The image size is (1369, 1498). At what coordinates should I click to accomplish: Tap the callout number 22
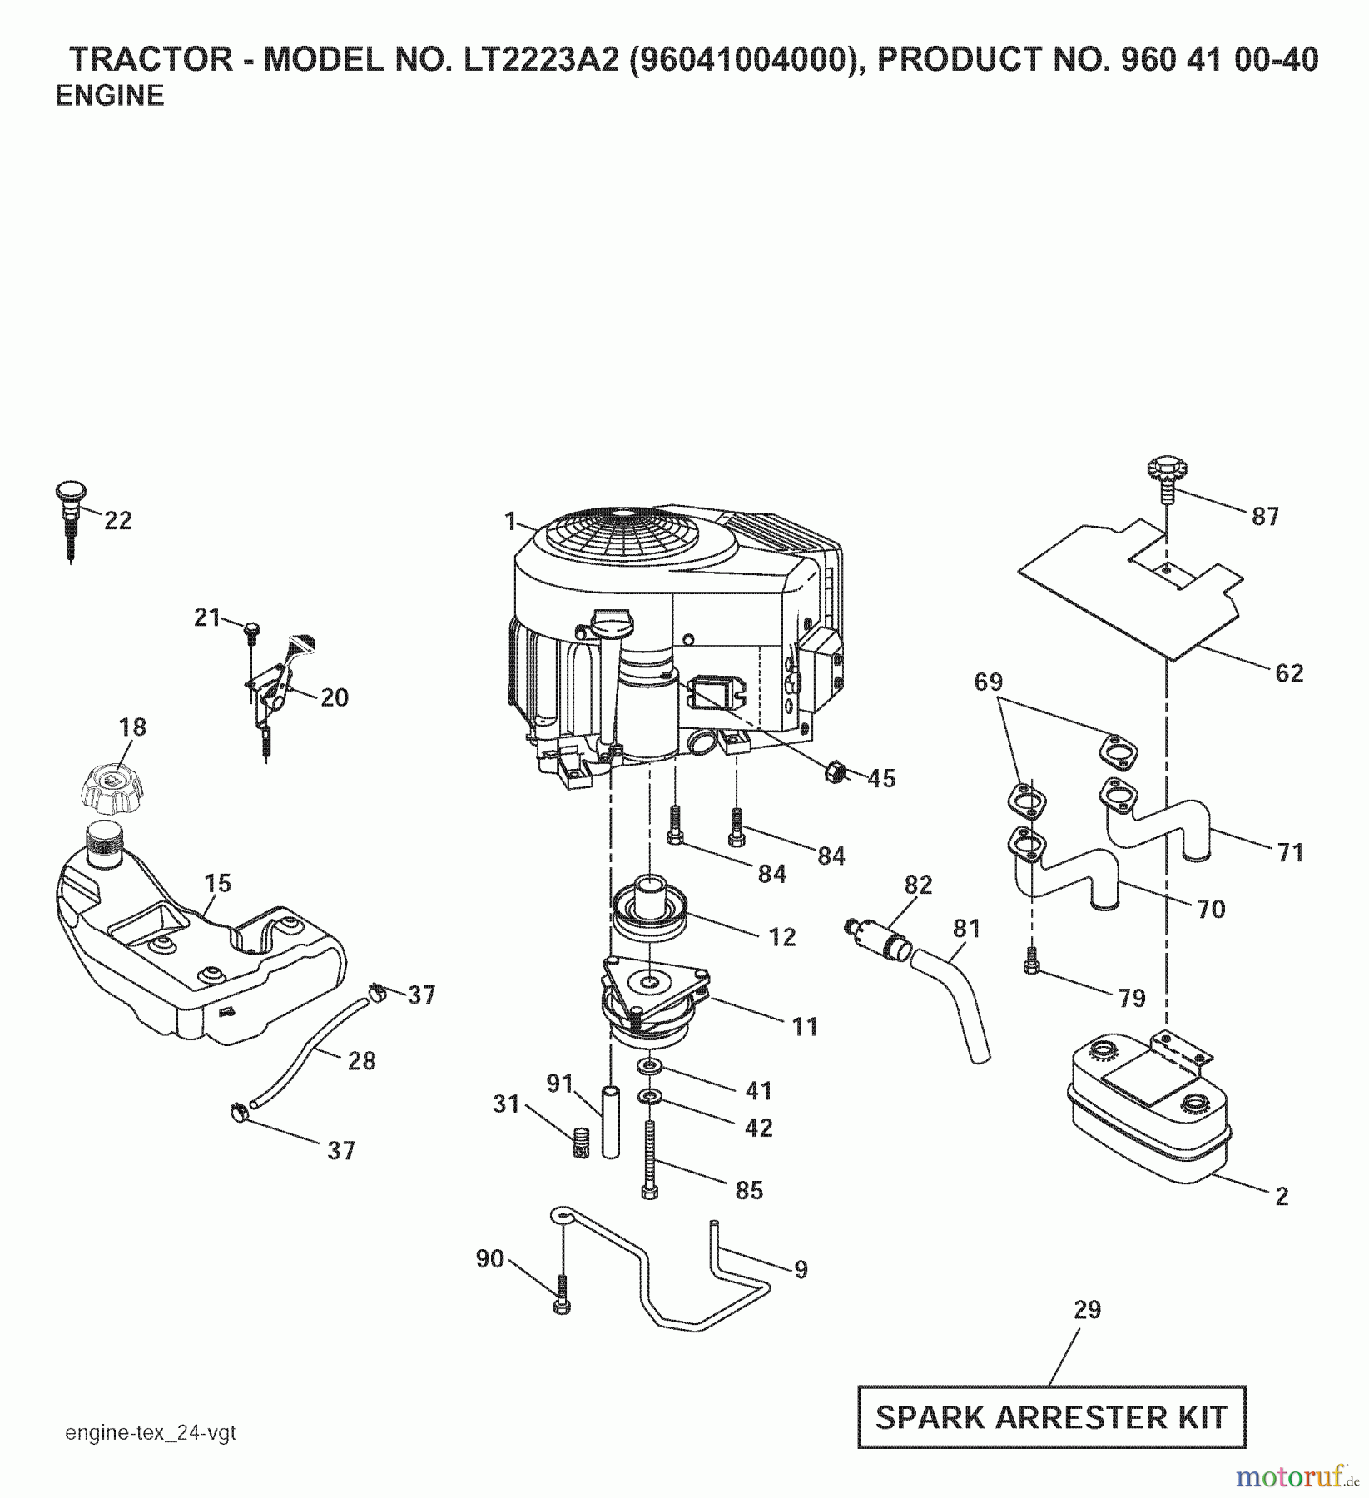[118, 521]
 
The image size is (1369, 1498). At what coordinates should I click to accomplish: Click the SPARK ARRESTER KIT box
[1051, 1416]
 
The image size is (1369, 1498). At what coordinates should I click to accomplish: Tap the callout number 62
[1289, 672]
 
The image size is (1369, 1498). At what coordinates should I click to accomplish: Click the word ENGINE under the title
[109, 97]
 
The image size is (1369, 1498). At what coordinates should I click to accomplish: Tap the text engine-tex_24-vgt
[151, 1433]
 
